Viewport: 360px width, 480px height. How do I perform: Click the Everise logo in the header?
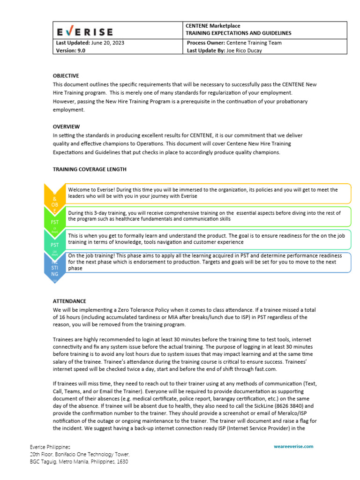85,32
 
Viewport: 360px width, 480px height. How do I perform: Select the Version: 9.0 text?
71,51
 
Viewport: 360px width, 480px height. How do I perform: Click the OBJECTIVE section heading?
66,76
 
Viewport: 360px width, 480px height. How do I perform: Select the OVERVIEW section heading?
66,127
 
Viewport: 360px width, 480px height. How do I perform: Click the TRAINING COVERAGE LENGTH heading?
89,169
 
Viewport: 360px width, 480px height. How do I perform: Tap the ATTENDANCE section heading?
69,301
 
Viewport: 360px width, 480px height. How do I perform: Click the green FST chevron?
54,219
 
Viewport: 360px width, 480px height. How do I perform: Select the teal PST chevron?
54,244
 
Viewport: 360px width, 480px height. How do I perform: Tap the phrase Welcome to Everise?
91,190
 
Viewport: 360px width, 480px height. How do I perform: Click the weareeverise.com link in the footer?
293,447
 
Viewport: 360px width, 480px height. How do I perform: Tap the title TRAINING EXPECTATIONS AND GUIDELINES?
239,33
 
